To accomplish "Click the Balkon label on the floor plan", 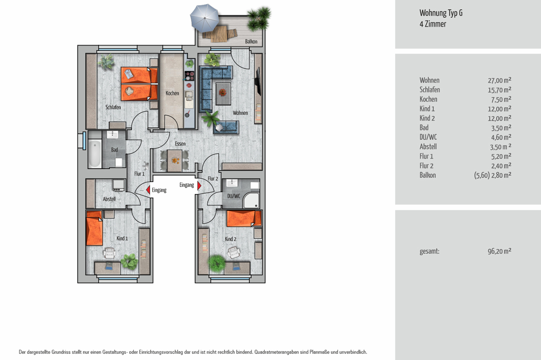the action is click(x=251, y=42).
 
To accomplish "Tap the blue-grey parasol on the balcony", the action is click(x=204, y=18).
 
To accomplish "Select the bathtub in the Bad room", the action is click(x=95, y=154).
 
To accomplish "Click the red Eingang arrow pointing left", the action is click(x=148, y=190).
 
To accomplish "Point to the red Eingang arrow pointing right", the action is click(x=199, y=186).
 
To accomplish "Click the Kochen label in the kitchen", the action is click(x=172, y=93).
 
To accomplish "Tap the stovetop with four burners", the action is click(x=189, y=75).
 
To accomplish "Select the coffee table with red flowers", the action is click(x=223, y=94).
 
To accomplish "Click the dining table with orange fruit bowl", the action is click(x=174, y=161).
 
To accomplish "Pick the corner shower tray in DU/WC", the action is click(x=251, y=200).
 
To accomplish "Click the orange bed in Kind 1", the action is click(x=94, y=228).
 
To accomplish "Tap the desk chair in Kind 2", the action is click(x=233, y=252).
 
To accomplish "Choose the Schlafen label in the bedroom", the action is click(x=113, y=107).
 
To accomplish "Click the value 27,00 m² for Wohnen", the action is click(x=499, y=80).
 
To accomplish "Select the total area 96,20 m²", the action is click(x=499, y=251).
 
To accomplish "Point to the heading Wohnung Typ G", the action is click(x=441, y=13).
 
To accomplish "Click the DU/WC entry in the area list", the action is click(x=428, y=137).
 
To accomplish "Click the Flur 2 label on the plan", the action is click(x=213, y=178).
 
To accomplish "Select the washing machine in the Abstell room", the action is click(x=119, y=185).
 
